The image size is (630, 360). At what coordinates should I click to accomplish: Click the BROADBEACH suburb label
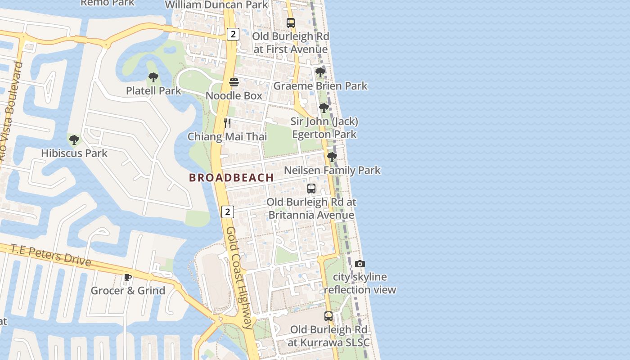tap(231, 178)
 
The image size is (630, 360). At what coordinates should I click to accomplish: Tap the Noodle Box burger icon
tap(234, 82)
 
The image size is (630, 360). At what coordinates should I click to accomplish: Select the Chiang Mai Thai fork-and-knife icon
tap(228, 123)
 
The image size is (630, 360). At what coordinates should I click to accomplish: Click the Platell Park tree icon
tap(153, 77)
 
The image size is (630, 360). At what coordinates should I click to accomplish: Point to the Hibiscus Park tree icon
tap(74, 140)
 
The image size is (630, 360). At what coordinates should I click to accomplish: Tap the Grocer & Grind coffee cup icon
tap(128, 277)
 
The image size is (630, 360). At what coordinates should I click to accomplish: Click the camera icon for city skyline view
tap(360, 264)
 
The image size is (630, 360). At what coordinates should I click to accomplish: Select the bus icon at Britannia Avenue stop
tap(311, 189)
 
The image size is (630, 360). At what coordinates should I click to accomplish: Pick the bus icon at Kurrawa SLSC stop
tap(328, 316)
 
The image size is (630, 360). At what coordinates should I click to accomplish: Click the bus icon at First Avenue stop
tap(291, 23)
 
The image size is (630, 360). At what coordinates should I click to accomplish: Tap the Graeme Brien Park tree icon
tap(320, 72)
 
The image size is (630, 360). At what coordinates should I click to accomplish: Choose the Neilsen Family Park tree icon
tap(332, 157)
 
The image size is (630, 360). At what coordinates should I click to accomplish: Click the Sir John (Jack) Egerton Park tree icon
tap(324, 108)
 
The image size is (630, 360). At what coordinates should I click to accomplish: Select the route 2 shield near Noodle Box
tap(233, 34)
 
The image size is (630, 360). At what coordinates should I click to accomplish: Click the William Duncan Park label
tap(217, 5)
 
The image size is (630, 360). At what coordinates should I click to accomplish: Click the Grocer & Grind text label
tap(128, 291)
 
